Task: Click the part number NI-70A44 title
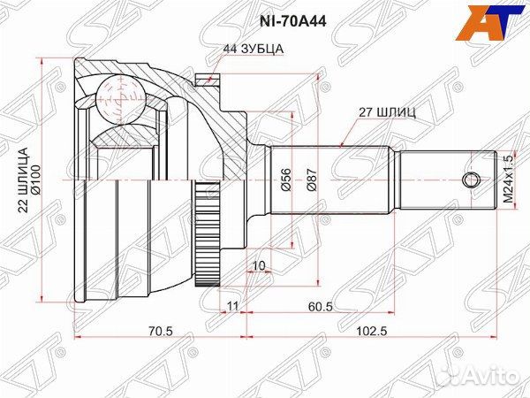click(x=263, y=16)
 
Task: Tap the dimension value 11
click(x=231, y=306)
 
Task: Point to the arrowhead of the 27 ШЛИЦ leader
click(x=342, y=145)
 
